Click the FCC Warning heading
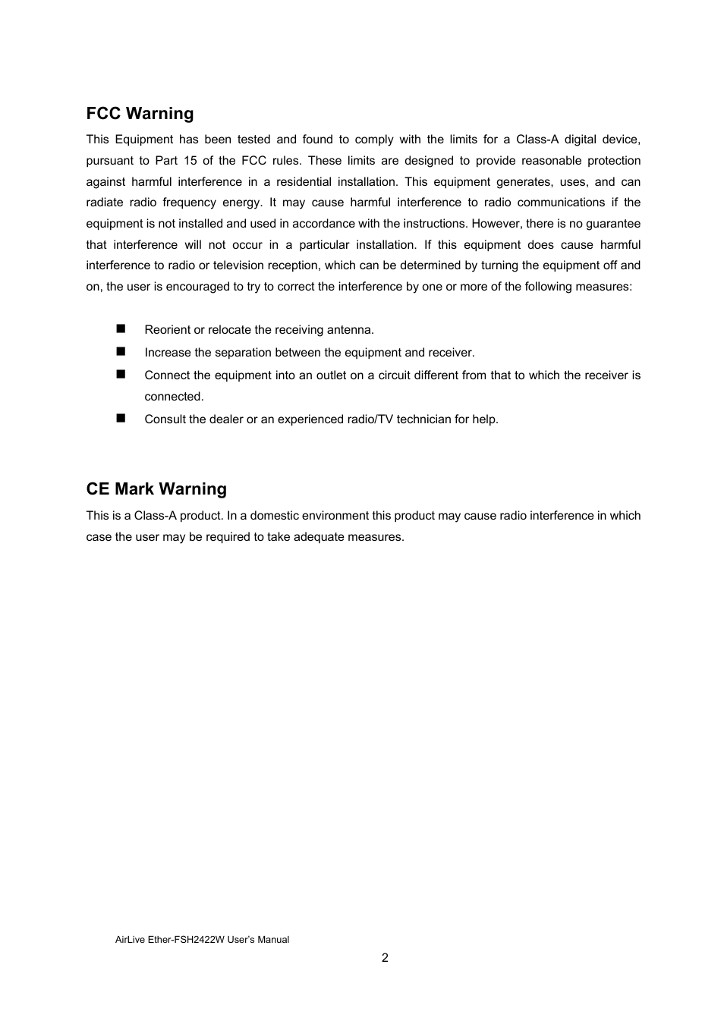[140, 114]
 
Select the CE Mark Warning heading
[156, 489]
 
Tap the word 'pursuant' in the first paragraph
[108, 161]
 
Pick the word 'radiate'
[104, 203]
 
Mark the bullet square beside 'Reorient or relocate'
[121, 328]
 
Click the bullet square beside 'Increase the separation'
[121, 351]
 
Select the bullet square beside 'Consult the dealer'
[121, 418]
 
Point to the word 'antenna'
[349, 330]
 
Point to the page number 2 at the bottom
[385, 958]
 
